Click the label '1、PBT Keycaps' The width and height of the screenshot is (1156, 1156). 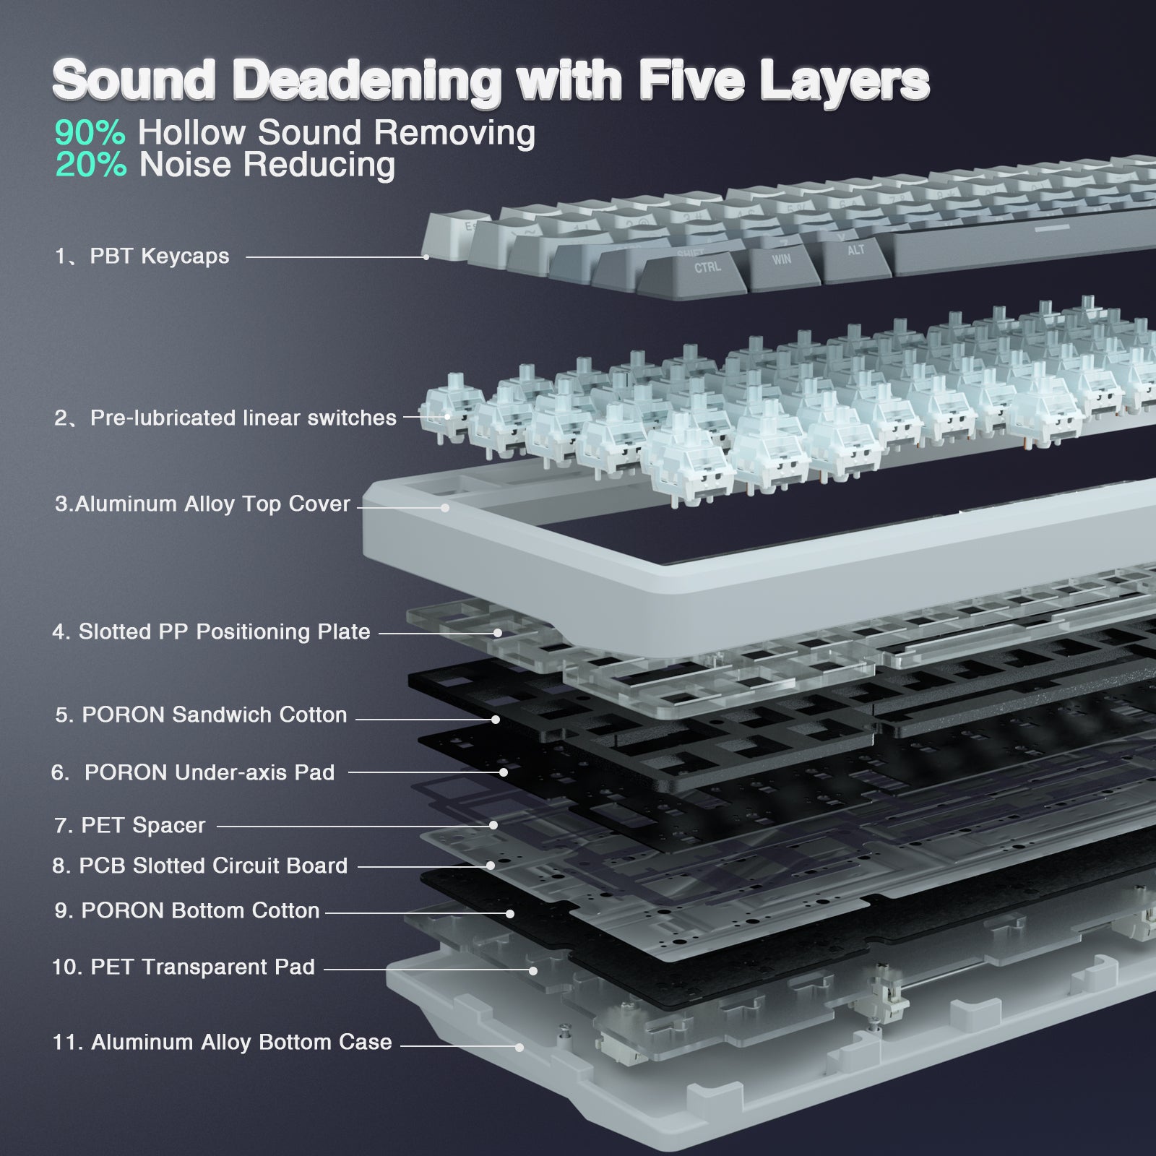(x=142, y=256)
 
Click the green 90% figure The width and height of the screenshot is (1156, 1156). (x=90, y=133)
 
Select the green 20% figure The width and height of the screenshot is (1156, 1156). (x=91, y=165)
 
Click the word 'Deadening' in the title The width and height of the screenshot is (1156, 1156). (x=367, y=82)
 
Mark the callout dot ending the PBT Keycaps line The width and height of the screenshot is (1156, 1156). (x=426, y=256)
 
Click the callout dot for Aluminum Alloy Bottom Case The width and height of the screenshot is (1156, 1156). (x=519, y=1047)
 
